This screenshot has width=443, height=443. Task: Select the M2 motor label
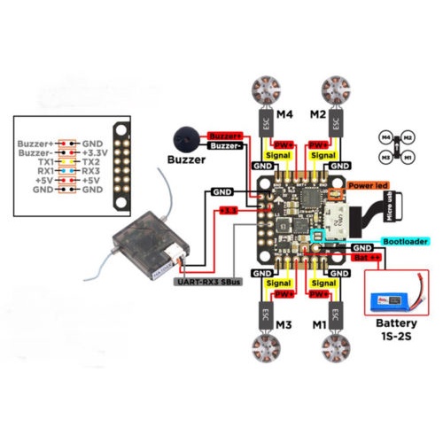coord(318,115)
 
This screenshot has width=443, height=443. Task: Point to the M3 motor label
coord(284,326)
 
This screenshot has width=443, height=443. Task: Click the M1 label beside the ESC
coord(317,326)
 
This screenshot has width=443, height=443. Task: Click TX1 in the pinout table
coord(45,163)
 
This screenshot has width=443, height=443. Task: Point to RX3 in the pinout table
coord(92,174)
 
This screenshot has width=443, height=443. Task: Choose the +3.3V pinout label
coord(96,152)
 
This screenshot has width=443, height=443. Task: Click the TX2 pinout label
coord(91,163)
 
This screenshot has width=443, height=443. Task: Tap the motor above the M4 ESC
coord(267,89)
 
